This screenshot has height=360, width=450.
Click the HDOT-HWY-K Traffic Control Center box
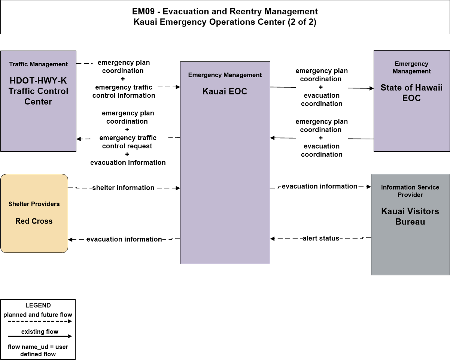[38, 101]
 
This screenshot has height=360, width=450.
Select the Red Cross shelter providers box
[34, 213]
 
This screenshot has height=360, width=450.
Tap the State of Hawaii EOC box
[411, 101]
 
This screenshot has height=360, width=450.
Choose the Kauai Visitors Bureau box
[410, 224]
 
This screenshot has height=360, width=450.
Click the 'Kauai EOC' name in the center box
[225, 91]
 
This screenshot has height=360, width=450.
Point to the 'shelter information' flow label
[124, 188]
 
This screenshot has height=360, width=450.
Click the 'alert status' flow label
[321, 238]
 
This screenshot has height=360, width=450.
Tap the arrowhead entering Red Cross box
[70, 239]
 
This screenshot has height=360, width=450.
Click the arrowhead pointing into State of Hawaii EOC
[372, 88]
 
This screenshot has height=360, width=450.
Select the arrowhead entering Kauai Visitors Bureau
[369, 187]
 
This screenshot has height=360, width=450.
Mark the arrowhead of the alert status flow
[273, 239]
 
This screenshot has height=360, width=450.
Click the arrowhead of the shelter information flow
[178, 188]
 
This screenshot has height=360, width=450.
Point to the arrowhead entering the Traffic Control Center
[79, 139]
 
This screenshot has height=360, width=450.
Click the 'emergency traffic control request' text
[128, 142]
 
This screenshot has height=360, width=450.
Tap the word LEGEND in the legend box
[38, 305]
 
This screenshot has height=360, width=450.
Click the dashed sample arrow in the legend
[40, 321]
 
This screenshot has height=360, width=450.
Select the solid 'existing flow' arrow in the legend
[40, 336]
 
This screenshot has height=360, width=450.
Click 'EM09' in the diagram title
[143, 11]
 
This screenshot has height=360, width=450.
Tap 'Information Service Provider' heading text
[410, 191]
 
